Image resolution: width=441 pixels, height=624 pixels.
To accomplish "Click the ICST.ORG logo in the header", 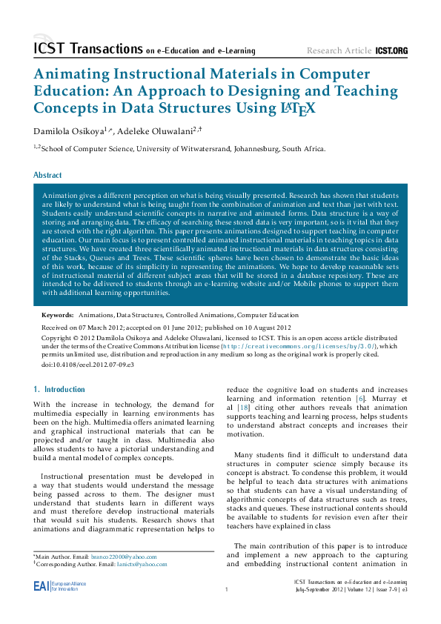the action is coord(391,50).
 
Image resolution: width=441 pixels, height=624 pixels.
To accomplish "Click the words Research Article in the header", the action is coord(339,50).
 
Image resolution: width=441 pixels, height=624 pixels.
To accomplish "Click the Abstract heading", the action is coord(47,176).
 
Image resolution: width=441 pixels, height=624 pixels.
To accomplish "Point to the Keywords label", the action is coord(57,316).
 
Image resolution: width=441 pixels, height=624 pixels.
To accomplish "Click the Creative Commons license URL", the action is coord(312,346).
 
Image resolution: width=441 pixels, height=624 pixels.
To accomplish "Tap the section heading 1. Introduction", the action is coord(60,389).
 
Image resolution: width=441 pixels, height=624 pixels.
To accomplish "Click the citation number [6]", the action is coord(360,399).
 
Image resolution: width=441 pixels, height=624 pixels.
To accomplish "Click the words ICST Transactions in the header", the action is coord(87,49).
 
